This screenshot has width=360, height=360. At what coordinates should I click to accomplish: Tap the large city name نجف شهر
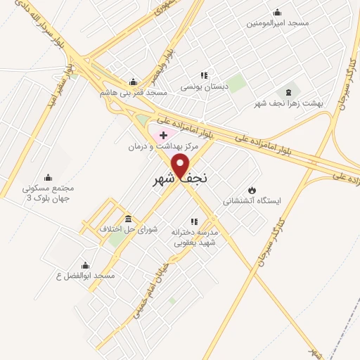(x=181, y=179)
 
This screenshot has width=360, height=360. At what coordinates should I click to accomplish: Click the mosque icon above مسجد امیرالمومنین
(x=276, y=11)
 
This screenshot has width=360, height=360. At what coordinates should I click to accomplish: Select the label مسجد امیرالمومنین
(x=278, y=22)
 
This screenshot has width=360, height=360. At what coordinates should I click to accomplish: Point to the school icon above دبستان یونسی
(x=205, y=75)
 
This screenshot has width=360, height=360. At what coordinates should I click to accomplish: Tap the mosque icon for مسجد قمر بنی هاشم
(x=132, y=81)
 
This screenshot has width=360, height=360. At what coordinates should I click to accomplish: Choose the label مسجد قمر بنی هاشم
(x=133, y=92)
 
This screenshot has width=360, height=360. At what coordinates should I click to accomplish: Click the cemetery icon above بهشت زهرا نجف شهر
(x=288, y=92)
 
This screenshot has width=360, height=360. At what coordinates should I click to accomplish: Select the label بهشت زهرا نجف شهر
(x=289, y=103)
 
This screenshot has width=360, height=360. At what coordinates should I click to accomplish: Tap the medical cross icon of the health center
(x=164, y=134)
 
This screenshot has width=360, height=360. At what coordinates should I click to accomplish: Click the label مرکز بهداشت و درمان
(x=164, y=146)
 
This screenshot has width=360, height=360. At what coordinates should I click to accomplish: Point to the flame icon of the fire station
(x=252, y=190)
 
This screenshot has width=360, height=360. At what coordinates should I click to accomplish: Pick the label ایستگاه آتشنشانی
(x=252, y=201)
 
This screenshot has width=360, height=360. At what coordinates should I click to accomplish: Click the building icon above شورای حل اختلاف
(x=128, y=218)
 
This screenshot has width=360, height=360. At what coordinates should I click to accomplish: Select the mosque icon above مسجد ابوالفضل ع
(x=86, y=265)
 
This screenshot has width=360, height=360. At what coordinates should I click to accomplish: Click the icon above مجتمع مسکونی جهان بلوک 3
(x=49, y=177)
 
